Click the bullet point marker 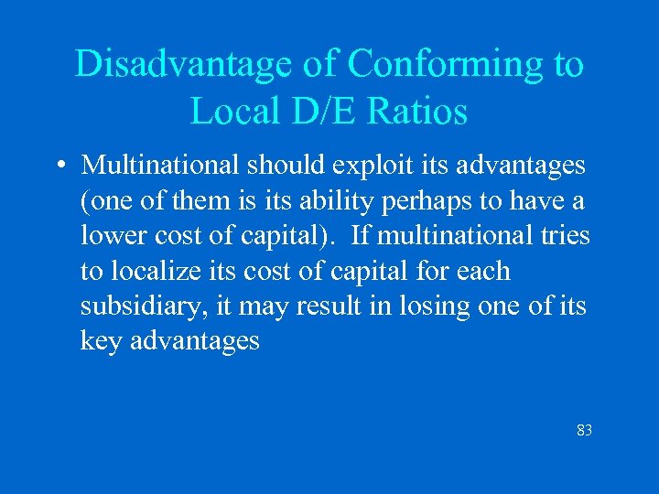click(58, 166)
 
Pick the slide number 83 click(584, 429)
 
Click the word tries click(566, 237)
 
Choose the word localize click(156, 272)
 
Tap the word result click(328, 307)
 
